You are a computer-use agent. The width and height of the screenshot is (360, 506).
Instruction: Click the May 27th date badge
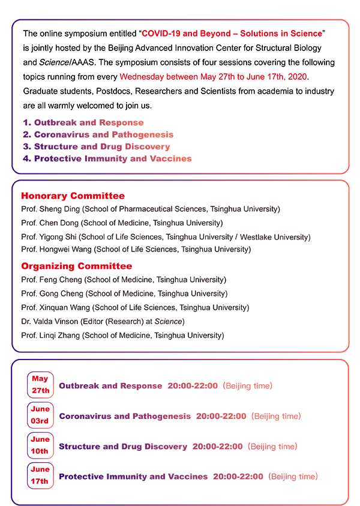(x=40, y=385)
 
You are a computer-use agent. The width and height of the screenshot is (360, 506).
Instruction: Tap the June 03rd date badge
(x=40, y=415)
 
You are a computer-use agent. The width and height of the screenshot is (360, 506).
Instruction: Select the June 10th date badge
(x=40, y=446)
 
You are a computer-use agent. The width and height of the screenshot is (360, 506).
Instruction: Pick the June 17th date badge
(x=40, y=476)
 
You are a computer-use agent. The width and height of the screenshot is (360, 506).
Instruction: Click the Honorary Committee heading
(x=73, y=196)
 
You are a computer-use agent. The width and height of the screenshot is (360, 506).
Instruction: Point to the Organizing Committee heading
(x=76, y=266)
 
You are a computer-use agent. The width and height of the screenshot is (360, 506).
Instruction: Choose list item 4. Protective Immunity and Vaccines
(x=107, y=158)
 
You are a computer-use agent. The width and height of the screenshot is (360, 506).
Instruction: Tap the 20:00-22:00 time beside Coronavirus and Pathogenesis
(x=221, y=416)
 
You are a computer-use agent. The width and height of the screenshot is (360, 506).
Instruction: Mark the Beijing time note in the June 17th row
(x=293, y=477)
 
